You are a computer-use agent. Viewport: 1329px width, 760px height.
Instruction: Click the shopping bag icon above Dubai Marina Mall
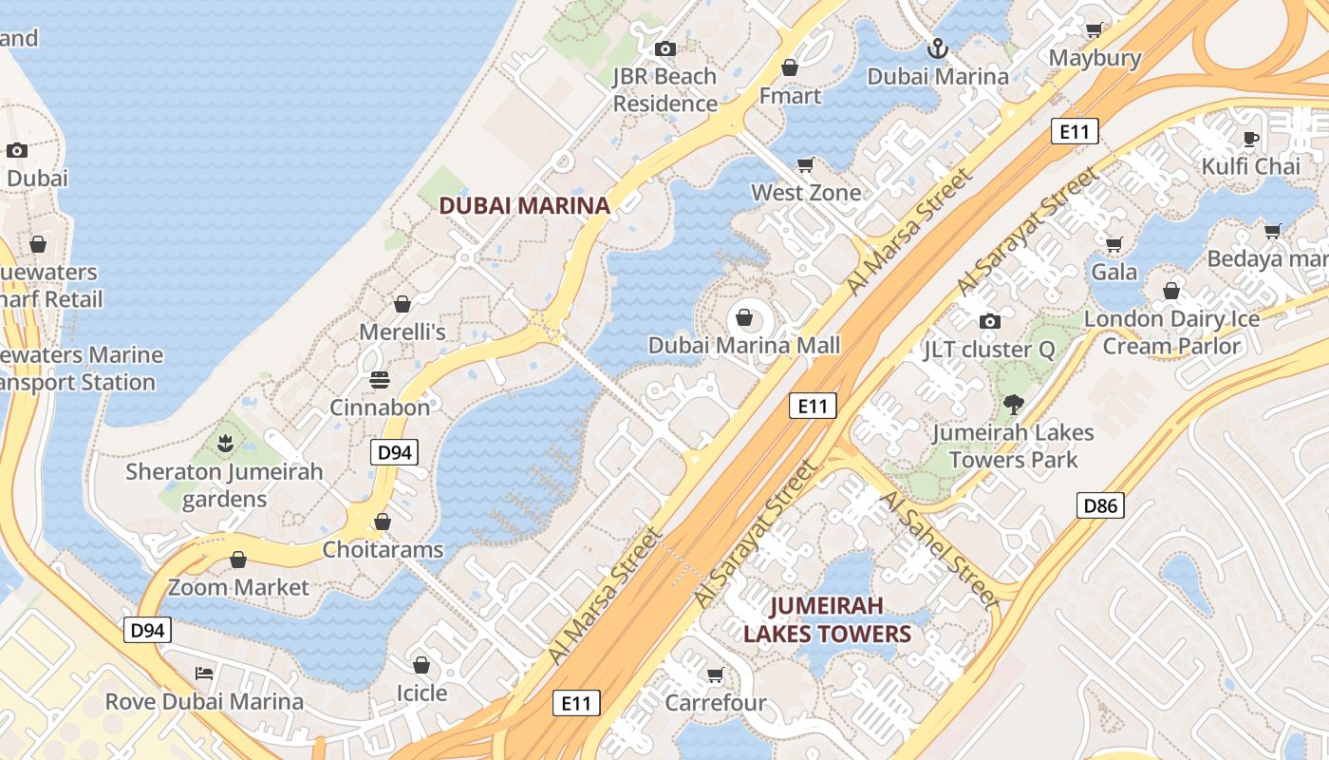(x=744, y=316)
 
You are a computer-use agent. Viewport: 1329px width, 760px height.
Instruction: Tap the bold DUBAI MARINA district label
(x=524, y=205)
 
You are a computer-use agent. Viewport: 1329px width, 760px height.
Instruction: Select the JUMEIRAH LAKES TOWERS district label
(x=827, y=619)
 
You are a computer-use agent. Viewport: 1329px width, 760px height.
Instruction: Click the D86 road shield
(x=1101, y=505)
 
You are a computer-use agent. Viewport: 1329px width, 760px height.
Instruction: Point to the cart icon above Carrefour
(x=715, y=674)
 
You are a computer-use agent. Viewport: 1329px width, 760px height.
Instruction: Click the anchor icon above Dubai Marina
(x=937, y=47)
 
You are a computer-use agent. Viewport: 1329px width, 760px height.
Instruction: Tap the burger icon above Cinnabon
(x=380, y=380)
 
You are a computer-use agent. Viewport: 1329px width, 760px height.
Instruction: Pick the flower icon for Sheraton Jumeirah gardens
(x=225, y=443)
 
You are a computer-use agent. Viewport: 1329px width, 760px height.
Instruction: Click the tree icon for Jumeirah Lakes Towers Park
(x=1014, y=405)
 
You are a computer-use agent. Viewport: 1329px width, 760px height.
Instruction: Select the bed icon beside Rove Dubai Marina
(x=204, y=674)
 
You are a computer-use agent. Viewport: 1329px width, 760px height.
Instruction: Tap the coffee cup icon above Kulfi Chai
(x=1251, y=139)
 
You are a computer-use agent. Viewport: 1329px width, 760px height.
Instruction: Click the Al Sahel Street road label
(x=940, y=549)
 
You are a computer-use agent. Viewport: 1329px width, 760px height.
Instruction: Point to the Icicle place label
(x=421, y=693)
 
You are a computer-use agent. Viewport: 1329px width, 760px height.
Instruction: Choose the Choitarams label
(x=383, y=549)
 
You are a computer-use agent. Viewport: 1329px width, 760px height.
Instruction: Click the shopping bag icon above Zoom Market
(x=238, y=560)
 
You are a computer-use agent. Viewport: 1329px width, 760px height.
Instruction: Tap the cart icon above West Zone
(x=806, y=164)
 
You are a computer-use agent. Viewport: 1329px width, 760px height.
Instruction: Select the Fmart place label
(x=790, y=95)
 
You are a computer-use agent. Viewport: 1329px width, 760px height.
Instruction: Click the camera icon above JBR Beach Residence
(x=665, y=48)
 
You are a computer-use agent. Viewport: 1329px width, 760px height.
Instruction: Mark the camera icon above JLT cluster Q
(x=989, y=321)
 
